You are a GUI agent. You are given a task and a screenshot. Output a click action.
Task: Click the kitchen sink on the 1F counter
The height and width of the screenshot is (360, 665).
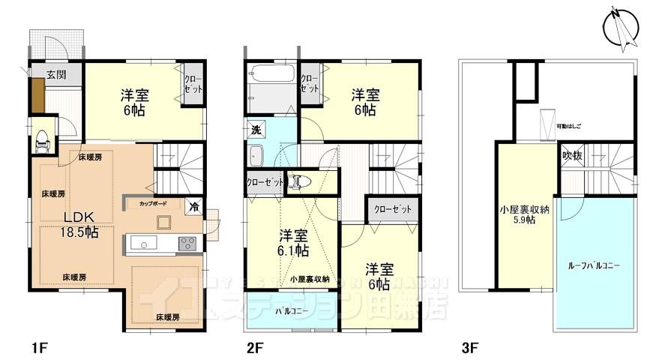pos(142,243)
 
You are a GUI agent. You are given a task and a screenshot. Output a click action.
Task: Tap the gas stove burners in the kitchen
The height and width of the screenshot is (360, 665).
pos(187,243)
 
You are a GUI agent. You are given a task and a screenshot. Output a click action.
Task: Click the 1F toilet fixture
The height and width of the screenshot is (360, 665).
pos(43,139)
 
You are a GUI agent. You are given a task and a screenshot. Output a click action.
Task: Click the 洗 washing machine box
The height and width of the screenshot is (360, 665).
pos(256,129)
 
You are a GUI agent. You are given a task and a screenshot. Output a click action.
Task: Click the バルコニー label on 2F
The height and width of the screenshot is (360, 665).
pos(289,310)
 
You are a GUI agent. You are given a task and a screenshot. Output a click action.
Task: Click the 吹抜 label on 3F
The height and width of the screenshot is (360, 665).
pos(571,155)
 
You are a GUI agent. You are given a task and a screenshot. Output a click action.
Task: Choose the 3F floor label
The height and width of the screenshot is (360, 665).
pos(470,348)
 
